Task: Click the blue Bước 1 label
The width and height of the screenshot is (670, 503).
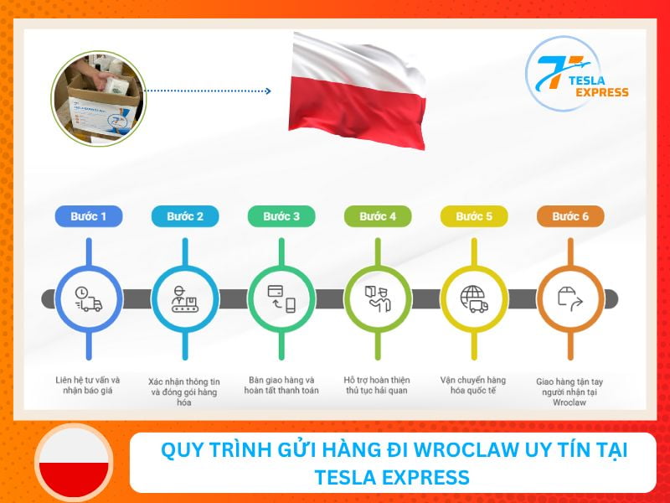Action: point(89,216)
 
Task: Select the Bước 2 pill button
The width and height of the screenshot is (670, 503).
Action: point(185,216)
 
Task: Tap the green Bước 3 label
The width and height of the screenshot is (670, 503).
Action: point(281,216)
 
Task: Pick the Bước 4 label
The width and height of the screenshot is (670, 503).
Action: point(378,216)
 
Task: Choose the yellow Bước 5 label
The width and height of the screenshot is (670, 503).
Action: point(474,216)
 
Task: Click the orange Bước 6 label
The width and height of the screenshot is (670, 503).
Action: point(570,216)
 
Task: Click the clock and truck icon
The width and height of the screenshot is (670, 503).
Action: point(89,298)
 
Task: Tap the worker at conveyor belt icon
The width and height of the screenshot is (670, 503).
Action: point(185,298)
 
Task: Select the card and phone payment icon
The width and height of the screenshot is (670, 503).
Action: point(281,298)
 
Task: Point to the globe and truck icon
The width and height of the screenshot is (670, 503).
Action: point(474,298)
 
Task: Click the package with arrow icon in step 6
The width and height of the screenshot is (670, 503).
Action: point(570,298)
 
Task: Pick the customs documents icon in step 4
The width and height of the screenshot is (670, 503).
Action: point(378,298)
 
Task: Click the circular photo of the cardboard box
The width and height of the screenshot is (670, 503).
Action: point(98,94)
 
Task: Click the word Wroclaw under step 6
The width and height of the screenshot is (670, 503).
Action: point(569,403)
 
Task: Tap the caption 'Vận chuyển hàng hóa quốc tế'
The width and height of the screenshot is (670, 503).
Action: point(474,385)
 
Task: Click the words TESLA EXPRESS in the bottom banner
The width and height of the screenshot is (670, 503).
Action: point(392,478)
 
